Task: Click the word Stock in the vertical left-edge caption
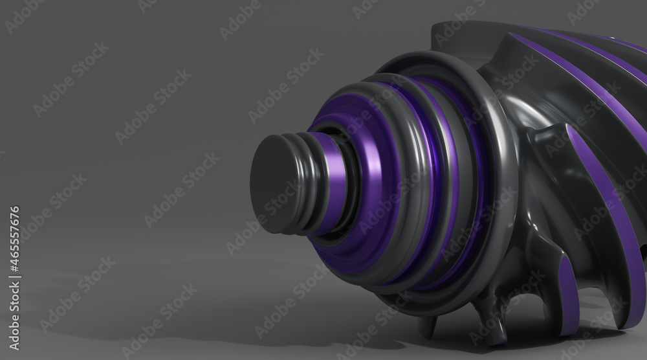point(14,297)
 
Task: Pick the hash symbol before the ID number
point(14,267)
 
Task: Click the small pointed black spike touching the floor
point(429,326)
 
